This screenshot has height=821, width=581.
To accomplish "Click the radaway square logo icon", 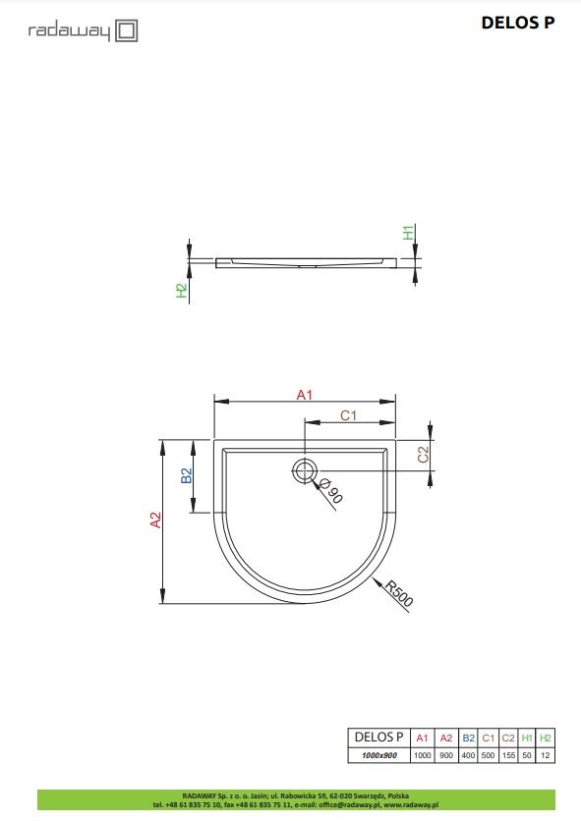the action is (x=127, y=30).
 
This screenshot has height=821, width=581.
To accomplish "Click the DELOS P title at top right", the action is (x=517, y=23).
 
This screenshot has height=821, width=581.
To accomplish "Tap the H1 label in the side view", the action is (x=409, y=232).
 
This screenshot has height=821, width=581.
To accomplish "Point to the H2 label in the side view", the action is (x=182, y=291).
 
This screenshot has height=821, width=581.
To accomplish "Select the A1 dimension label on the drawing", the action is (x=304, y=394).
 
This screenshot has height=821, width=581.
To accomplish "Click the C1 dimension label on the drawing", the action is (x=348, y=415).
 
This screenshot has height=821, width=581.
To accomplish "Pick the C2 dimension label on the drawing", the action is (x=423, y=454).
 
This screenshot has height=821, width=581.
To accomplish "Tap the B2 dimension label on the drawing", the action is (x=187, y=475).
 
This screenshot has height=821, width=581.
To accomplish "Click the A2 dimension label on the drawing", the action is (x=155, y=520).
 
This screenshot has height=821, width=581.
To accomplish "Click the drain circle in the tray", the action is (x=304, y=470).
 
